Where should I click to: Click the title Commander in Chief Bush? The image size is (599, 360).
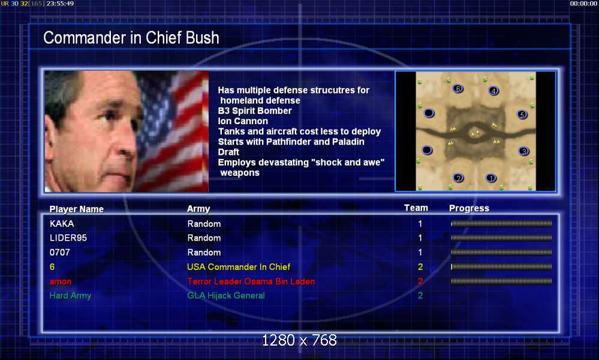(131, 38)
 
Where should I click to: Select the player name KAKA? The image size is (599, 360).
(62, 224)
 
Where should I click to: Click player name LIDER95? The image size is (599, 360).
(68, 238)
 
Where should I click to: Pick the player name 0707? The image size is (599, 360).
(60, 252)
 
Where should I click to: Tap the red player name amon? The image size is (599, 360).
(61, 281)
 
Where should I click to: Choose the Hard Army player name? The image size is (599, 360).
(71, 295)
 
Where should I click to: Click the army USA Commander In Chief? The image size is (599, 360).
(239, 267)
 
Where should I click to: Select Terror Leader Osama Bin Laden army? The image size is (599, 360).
(251, 281)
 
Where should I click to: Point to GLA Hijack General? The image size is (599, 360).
(226, 295)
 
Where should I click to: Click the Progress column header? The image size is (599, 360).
(469, 208)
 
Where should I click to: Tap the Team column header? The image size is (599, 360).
(416, 208)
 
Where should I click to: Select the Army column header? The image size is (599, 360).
(198, 209)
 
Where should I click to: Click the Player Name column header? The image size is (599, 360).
(77, 209)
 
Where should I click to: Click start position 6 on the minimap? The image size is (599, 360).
(457, 89)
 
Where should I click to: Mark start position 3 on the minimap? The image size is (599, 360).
(523, 151)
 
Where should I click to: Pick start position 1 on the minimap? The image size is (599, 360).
(491, 178)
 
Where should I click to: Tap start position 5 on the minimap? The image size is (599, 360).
(522, 115)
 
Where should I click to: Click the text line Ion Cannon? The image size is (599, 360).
(243, 121)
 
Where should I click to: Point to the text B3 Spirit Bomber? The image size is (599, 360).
(255, 111)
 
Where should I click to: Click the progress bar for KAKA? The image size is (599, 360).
(501, 224)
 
